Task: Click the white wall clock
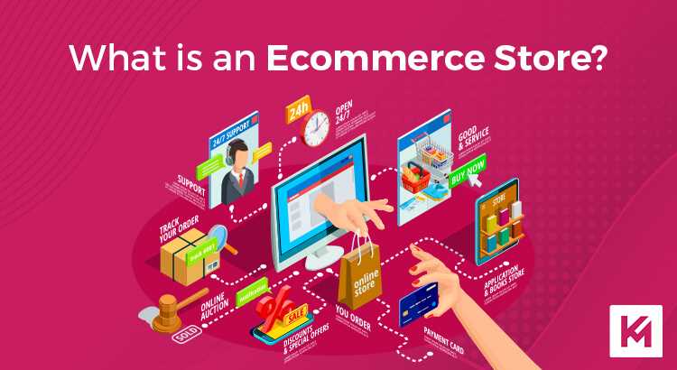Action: point(317,127)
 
